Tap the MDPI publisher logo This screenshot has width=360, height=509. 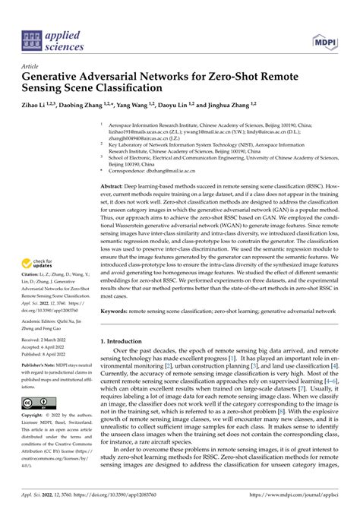(x=327, y=36)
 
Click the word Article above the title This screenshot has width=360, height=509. (x=33, y=66)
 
